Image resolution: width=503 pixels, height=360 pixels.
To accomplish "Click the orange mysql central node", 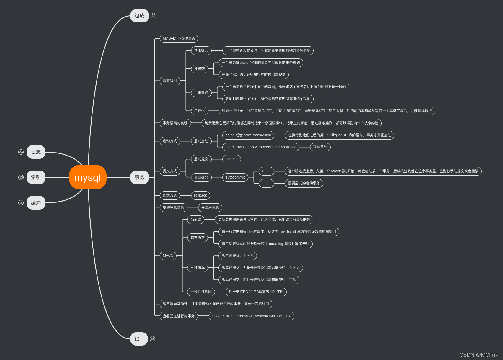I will pyautogui.click(x=88, y=177).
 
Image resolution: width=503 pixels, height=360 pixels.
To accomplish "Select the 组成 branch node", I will pyautogui.click(x=139, y=16).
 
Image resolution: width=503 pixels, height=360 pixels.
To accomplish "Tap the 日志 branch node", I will pyautogui.click(x=36, y=152).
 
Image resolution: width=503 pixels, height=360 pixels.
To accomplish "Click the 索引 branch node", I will pyautogui.click(x=36, y=177).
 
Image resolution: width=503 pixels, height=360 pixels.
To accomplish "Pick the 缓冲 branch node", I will pyautogui.click(x=36, y=203).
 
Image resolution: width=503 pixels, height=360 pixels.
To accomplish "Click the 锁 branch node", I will pyautogui.click(x=139, y=339).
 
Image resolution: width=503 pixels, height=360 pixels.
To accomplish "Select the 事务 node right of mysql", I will pyautogui.click(x=139, y=177).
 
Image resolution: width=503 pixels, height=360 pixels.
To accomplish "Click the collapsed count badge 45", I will pyautogui.click(x=152, y=339).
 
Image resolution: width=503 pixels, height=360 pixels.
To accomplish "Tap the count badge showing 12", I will pyautogui.click(x=153, y=16).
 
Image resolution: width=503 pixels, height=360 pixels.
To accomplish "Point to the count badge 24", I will pyautogui.click(x=21, y=152).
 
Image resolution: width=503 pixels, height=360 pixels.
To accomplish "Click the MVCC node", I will pyautogui.click(x=168, y=256).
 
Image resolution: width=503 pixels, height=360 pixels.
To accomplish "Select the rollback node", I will pyautogui.click(x=200, y=195).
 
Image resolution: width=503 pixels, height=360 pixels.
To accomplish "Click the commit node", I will pyautogui.click(x=231, y=159).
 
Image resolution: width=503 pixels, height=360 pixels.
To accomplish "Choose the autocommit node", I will pyautogui.click(x=235, y=177).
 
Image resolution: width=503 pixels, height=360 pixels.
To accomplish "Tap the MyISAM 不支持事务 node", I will pyautogui.click(x=179, y=38).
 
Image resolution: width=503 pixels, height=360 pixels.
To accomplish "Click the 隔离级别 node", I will pyautogui.click(x=170, y=81).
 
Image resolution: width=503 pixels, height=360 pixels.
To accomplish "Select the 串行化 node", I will pyautogui.click(x=199, y=111).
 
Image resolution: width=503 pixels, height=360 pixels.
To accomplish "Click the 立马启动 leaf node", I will pyautogui.click(x=320, y=147).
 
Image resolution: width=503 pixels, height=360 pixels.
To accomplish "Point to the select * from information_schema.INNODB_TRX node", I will pyautogui.click(x=251, y=316).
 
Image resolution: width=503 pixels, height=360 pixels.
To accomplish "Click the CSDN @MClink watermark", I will pyautogui.click(x=478, y=355).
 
